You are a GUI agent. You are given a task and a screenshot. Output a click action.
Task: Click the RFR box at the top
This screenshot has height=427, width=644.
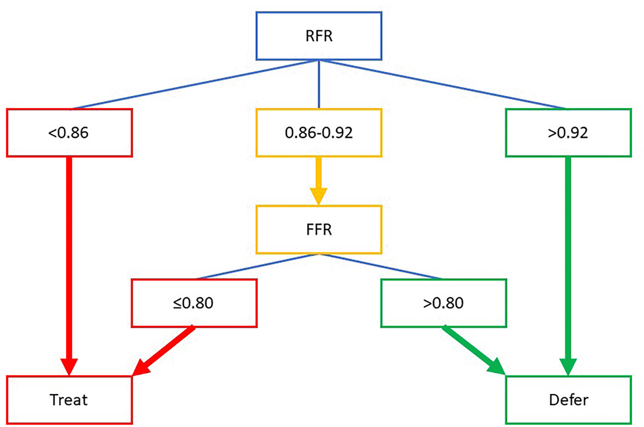coord(318,36)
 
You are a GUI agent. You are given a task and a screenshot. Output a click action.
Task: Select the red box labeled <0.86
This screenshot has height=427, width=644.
coord(69,133)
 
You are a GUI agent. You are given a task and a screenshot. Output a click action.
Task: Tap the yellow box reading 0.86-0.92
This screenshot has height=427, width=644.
coord(318,133)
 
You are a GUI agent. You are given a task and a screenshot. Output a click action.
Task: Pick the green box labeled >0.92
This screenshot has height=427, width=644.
coord(568,133)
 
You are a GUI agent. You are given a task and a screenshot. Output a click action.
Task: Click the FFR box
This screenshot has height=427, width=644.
coord(318,230)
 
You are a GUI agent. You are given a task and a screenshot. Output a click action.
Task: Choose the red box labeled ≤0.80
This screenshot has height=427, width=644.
coord(194,303)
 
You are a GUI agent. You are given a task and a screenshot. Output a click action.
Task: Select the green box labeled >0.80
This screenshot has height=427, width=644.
coord(443,303)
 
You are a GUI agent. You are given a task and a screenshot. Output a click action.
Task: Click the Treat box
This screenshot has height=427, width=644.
coord(69,400)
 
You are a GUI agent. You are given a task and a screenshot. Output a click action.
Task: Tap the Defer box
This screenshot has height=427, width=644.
coord(568,400)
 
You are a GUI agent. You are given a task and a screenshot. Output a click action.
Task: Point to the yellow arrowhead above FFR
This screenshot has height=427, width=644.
coord(318,196)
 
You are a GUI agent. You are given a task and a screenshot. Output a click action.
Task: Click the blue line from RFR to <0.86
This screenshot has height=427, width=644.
coord(195,84)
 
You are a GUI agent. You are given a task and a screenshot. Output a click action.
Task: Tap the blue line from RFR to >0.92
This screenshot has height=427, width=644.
coord(442,84)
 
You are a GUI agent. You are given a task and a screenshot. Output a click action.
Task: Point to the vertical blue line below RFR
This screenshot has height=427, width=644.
coord(319,84)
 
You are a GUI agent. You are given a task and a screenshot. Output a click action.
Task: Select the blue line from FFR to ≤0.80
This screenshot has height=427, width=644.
coord(257,266)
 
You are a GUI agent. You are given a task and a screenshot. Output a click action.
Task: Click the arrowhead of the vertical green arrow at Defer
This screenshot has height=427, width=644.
coord(568,367)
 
